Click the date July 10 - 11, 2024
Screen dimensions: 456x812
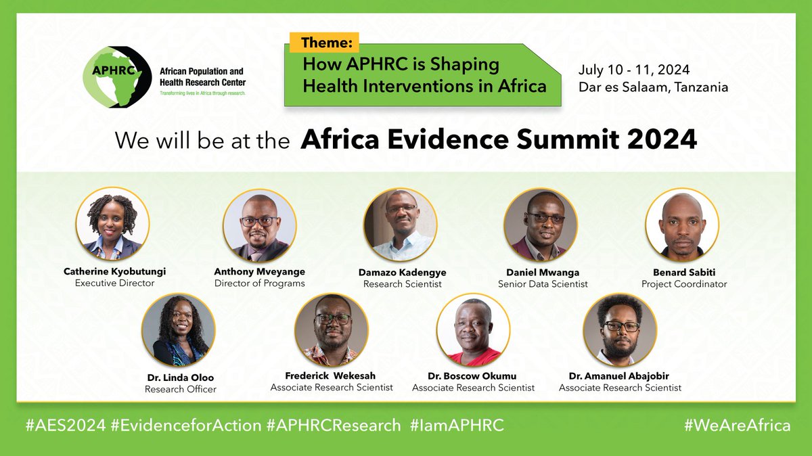click(x=633, y=70)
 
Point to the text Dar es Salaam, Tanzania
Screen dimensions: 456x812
click(x=653, y=87)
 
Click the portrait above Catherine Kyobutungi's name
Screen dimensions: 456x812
click(x=113, y=224)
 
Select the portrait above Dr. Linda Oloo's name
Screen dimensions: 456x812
click(x=179, y=330)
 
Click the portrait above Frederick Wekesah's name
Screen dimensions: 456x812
click(x=332, y=330)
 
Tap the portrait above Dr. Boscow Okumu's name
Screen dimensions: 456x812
click(x=473, y=330)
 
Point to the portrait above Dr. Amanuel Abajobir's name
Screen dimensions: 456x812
click(x=620, y=330)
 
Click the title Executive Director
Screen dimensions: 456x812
click(x=114, y=283)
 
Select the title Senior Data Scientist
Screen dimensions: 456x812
click(x=543, y=283)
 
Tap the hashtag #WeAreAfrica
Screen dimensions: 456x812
click(x=737, y=426)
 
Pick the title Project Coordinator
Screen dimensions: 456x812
click(x=684, y=283)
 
